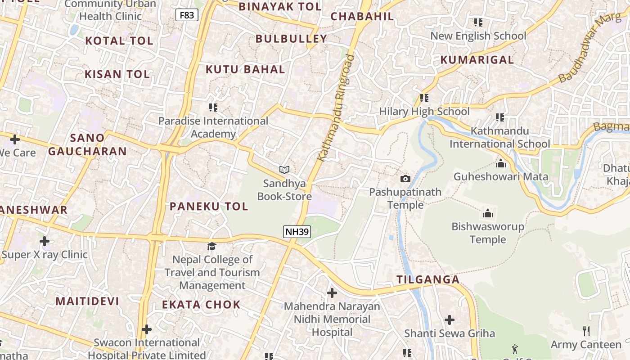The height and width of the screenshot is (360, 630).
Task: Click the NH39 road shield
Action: (x=297, y=232)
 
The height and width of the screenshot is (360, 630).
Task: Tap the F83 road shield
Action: (x=186, y=15)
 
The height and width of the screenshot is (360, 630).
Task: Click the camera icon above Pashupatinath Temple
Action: (x=405, y=179)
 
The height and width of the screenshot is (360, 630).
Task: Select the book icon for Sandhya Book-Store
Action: (x=284, y=170)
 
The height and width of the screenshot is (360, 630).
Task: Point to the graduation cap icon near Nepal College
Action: (x=211, y=246)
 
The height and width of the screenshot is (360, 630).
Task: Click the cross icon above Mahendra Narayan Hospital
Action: (x=332, y=293)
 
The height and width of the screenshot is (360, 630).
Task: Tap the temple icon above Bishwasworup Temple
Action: (x=487, y=213)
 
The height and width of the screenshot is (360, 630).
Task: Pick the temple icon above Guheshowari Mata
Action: (x=500, y=163)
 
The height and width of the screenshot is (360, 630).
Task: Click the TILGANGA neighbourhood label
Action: (x=428, y=279)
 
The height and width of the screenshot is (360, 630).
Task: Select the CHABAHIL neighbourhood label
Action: (x=362, y=17)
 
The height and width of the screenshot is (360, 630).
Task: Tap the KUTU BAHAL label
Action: (x=245, y=69)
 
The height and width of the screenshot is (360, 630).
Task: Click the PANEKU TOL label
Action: (x=208, y=207)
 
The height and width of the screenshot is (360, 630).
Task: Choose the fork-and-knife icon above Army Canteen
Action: (x=586, y=331)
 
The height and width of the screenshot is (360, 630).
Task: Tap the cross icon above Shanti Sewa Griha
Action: (x=449, y=320)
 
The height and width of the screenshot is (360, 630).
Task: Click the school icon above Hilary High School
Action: (x=424, y=98)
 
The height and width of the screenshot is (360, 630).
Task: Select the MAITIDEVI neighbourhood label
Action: (x=87, y=301)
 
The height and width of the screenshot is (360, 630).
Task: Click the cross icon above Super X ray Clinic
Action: (x=44, y=241)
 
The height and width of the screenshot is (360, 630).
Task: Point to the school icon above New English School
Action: (x=478, y=22)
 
